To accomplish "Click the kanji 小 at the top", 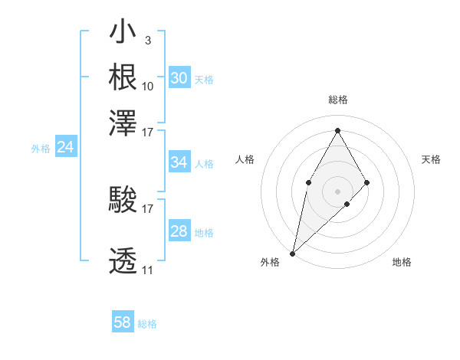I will click(123, 33).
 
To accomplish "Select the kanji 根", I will click(123, 77).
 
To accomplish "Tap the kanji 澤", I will click(123, 122).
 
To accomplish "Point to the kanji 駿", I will click(123, 201).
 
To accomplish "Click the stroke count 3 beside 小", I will click(147, 39).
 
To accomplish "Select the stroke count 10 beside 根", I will click(148, 85).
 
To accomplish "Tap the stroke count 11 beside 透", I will click(148, 270).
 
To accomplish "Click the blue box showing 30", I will click(179, 77).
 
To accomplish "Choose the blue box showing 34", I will click(179, 162).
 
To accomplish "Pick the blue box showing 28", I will click(179, 231).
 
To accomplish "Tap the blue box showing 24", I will click(65, 147).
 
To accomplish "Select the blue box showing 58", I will click(122, 322).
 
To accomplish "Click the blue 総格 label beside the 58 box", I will click(147, 324).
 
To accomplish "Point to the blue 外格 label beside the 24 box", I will click(41, 149).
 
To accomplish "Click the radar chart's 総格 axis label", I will click(337, 100).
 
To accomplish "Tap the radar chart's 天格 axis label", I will click(432, 159).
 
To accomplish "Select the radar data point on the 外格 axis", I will click(292, 254).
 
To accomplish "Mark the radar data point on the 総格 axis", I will click(337, 130).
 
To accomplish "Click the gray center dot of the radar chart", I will click(337, 191).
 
